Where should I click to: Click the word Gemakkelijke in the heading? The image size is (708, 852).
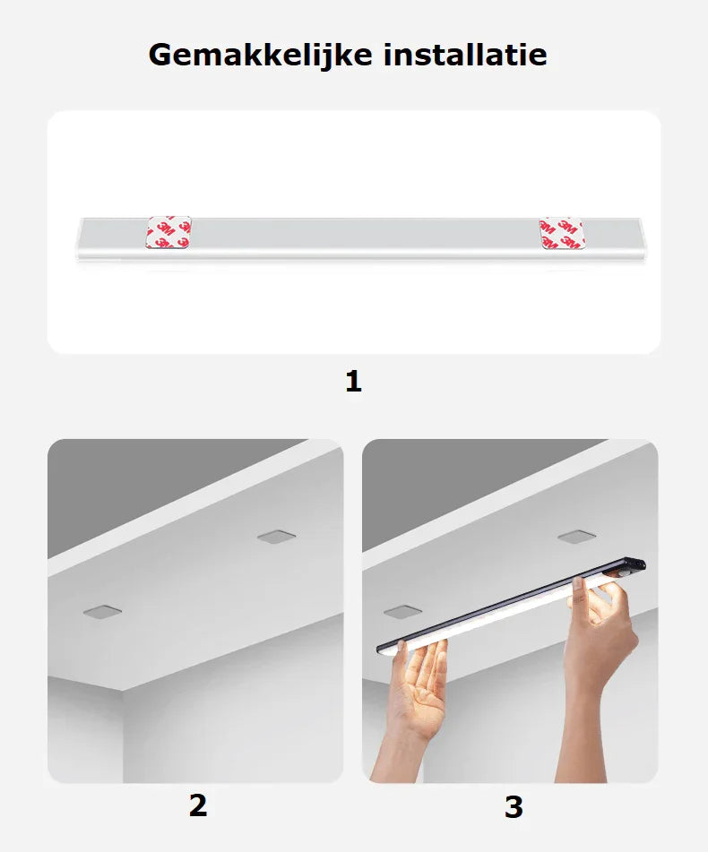tap(260, 56)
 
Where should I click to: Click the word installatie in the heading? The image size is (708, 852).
tap(465, 55)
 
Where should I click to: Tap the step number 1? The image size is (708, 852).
tap(353, 381)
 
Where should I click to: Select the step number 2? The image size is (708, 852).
tap(198, 805)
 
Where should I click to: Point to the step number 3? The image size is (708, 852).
tap(514, 807)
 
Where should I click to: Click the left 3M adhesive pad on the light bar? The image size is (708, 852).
tap(169, 233)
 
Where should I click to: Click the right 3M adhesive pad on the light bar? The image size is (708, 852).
tap(562, 234)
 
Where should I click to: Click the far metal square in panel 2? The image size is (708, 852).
tap(277, 537)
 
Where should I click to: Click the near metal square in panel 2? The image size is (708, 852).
tap(102, 613)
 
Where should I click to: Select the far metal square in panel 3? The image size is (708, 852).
tap(576, 537)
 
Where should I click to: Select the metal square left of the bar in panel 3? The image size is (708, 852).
tap(402, 613)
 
